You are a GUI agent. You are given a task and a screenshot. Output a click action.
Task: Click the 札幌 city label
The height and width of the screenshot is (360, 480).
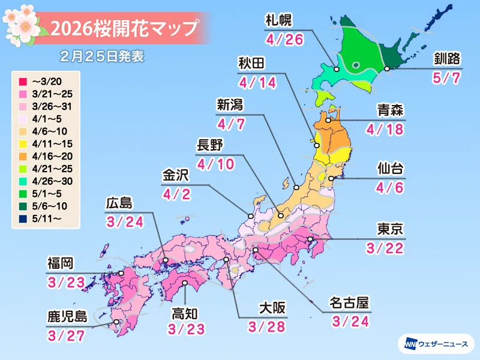pos(278,20)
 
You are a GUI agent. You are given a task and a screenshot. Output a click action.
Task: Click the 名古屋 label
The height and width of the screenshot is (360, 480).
pos(349,302)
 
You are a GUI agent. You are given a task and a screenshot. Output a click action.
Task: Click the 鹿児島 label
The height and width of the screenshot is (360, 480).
pos(67,316)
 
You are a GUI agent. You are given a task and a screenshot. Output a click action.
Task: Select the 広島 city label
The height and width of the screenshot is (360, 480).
pos(117,203)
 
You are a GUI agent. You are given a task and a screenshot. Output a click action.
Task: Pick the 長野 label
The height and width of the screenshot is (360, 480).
pos(209,145)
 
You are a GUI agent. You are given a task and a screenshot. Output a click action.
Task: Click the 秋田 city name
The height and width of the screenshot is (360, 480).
pos(252,64)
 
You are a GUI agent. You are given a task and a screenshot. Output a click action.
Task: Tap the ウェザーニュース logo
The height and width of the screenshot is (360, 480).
pos(435,344)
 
